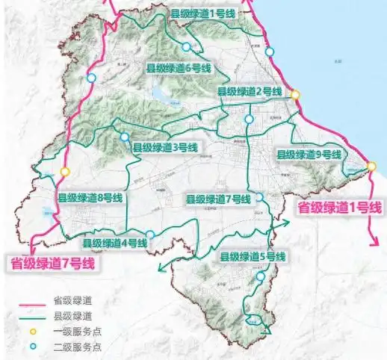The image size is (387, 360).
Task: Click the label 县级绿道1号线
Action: [x=203, y=13]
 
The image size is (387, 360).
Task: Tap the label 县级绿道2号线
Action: [x=249, y=91]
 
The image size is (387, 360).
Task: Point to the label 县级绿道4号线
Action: [x=114, y=243]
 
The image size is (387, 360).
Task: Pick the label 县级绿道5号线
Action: [x=253, y=257]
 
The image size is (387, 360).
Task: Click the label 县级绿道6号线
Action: [x=179, y=67]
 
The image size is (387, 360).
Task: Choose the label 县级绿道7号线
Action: [x=217, y=199]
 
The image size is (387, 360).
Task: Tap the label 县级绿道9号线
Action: [x=309, y=154]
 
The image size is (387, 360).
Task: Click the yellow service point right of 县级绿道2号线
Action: [x=295, y=95]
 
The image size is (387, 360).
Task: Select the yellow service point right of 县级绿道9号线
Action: [x=371, y=166]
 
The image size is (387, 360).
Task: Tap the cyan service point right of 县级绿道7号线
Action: [x=259, y=197]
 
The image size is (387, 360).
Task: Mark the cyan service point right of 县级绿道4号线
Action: [x=151, y=235]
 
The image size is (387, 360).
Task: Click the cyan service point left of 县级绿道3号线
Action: [x=124, y=137]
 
